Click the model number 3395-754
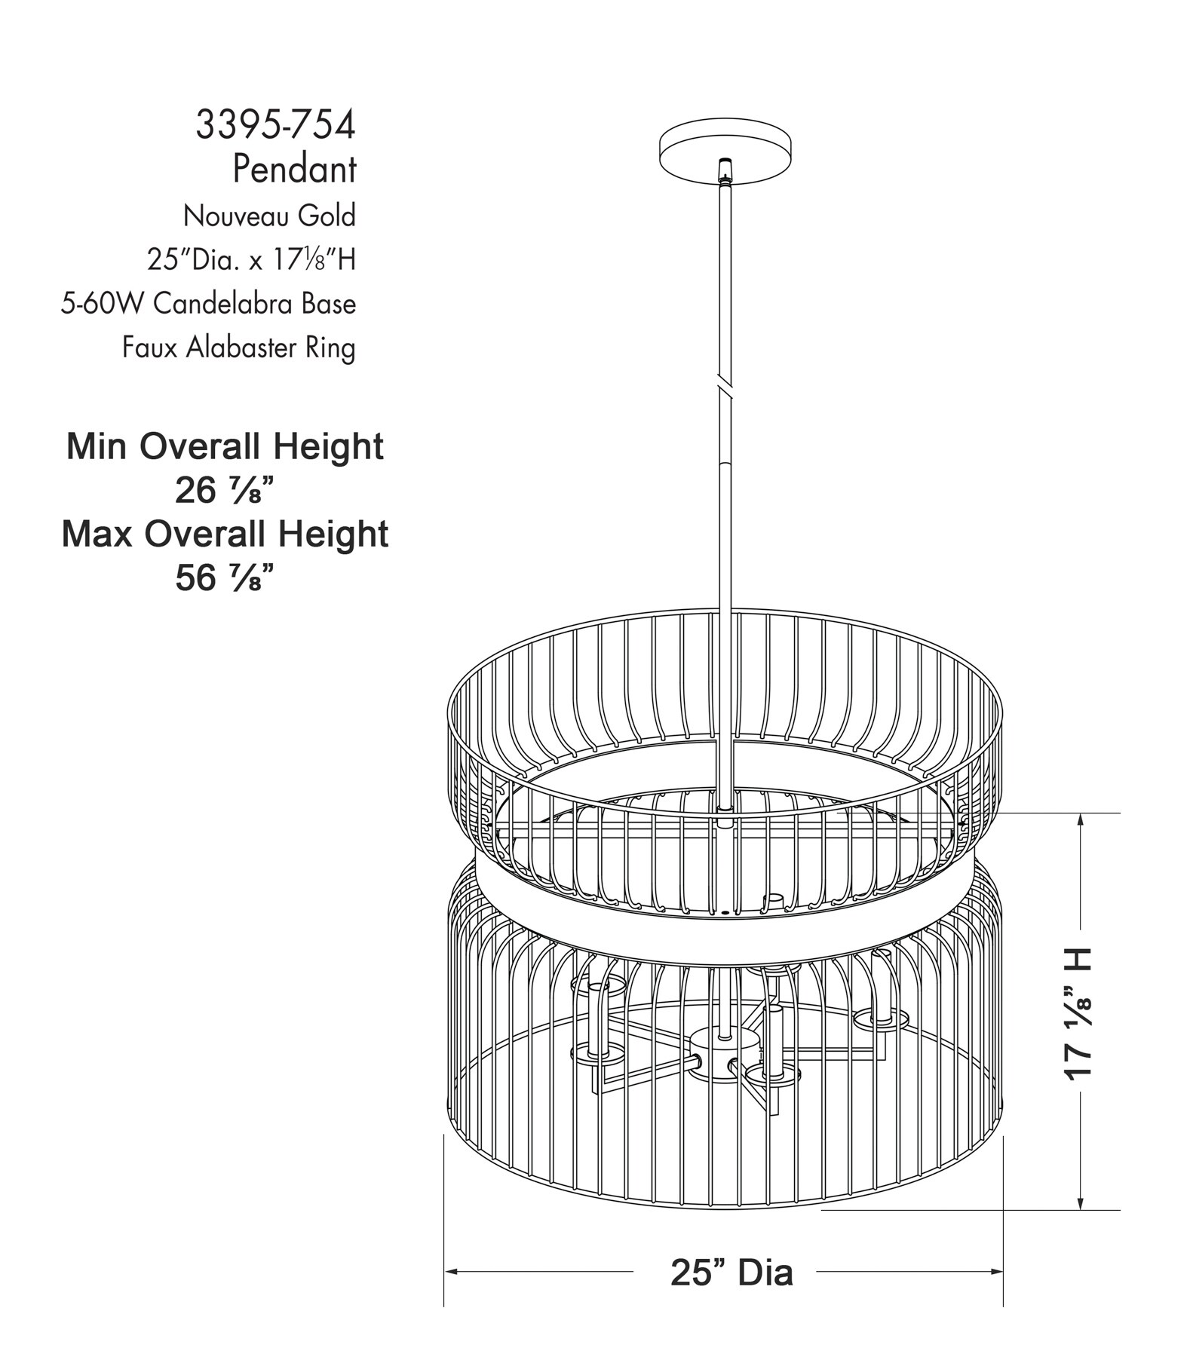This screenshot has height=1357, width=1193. [x=275, y=124]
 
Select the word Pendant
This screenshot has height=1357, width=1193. [x=294, y=169]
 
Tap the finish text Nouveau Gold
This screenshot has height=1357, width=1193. [x=269, y=216]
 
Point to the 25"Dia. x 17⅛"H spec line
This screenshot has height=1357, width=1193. [x=251, y=259]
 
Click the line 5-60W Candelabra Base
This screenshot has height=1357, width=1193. [x=208, y=303]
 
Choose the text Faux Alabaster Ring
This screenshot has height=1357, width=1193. [x=239, y=348]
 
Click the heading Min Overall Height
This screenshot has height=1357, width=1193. [x=225, y=446]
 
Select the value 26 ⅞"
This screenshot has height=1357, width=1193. [x=223, y=491]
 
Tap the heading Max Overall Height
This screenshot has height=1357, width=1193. [x=225, y=534]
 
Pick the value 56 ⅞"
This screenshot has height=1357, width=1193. [x=223, y=578]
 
